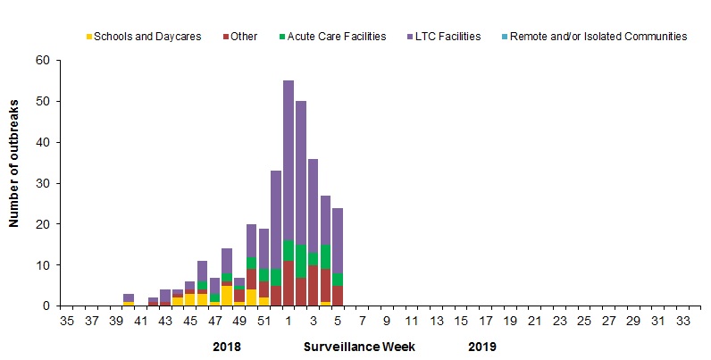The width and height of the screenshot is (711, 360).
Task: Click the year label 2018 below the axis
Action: [x=227, y=346]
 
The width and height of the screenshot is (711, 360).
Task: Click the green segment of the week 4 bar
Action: [x=325, y=257]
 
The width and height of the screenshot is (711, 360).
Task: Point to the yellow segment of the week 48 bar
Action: [x=227, y=296]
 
